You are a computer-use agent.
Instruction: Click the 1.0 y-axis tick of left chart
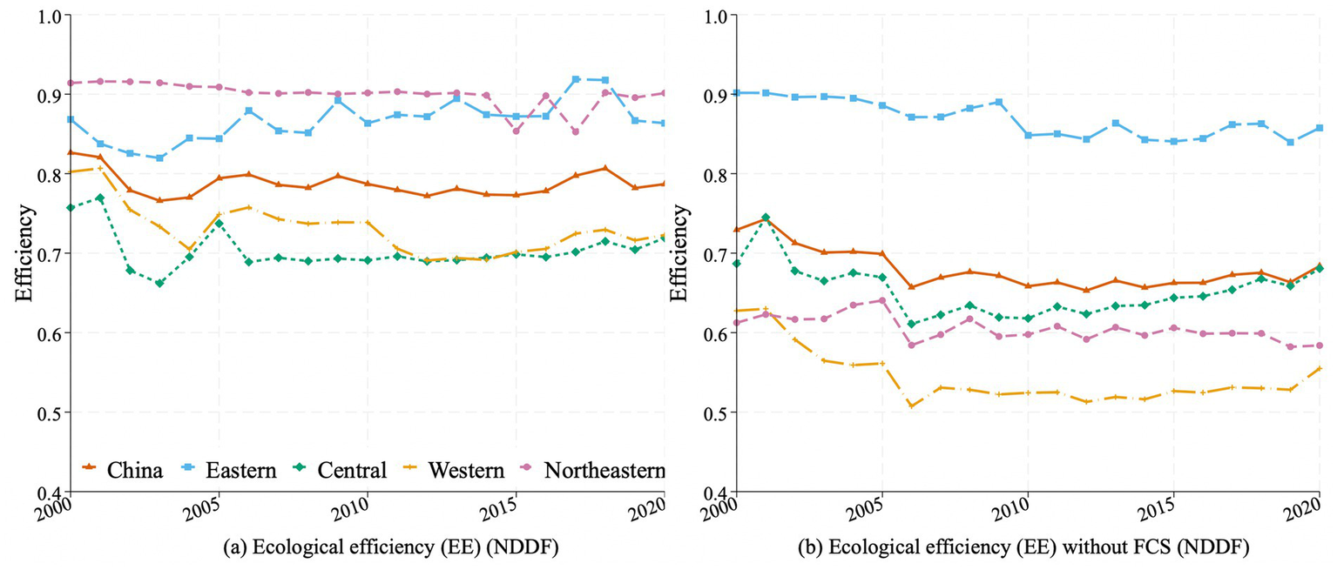(48, 15)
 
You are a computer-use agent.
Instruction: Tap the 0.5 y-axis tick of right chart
(714, 412)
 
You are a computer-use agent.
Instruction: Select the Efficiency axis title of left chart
(24, 253)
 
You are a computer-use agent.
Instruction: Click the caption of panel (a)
(366, 548)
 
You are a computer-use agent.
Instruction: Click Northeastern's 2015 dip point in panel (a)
(517, 131)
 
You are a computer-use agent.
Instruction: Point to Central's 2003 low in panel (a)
(159, 283)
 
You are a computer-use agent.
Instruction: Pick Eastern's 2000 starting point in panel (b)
(737, 92)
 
